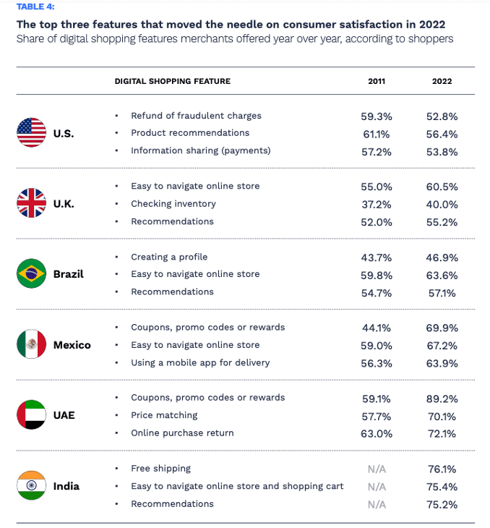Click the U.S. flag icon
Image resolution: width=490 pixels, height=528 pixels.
31,133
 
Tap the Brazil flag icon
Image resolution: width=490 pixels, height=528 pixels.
31,274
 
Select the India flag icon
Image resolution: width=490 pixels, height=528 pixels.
31,486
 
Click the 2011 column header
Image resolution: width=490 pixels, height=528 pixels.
377,81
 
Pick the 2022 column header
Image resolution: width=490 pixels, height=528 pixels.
442,81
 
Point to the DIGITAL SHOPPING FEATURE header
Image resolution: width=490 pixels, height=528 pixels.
172,81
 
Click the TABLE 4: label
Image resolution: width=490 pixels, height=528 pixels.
35,7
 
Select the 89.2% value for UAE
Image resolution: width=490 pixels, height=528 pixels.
442,398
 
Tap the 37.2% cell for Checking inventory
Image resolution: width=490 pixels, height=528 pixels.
377,204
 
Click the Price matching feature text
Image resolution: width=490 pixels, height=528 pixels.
164,415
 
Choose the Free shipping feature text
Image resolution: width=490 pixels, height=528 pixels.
160,468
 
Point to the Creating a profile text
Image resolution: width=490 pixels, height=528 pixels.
168,257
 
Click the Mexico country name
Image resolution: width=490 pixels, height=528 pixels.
72,345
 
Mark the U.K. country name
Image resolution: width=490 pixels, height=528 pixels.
64,204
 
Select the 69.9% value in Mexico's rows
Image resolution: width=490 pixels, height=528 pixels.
442,328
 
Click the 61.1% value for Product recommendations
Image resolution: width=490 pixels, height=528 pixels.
377,133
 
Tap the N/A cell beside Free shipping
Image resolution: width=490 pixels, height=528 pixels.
377,469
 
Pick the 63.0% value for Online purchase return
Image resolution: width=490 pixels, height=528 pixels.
377,433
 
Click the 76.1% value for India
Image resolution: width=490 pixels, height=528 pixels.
442,469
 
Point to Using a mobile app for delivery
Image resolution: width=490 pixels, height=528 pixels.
200,362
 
